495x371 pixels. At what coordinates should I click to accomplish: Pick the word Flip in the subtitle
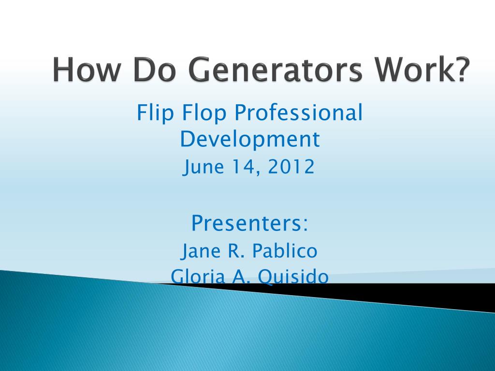tap(152, 114)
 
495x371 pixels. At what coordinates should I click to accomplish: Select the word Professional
tap(298, 114)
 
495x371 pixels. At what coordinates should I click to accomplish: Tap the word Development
tap(249, 140)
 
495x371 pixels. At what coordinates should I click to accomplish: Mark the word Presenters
tap(246, 223)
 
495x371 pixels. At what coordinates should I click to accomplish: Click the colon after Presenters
tap(305, 224)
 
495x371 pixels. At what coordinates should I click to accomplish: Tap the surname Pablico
tap(285, 251)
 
